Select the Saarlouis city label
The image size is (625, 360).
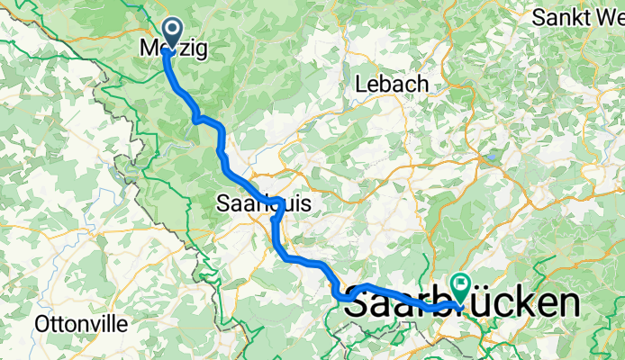coord(264,205)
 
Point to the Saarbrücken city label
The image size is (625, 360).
coord(461,304)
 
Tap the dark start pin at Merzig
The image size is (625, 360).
coord(168,33)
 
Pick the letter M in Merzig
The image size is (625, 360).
coord(150,50)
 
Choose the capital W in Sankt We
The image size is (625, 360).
coord(605,17)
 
